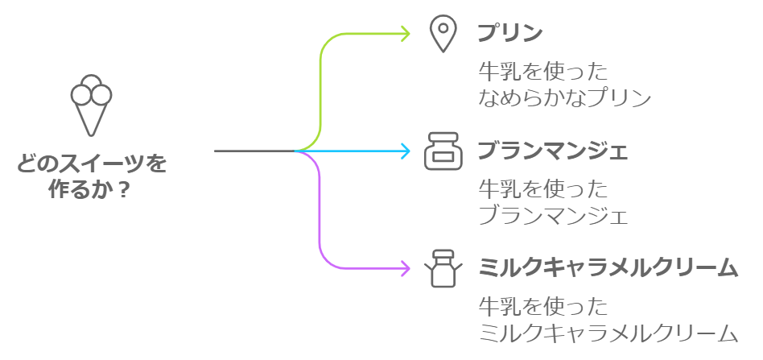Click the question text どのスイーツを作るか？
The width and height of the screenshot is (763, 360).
[x=91, y=176]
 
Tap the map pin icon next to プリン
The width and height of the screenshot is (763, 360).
[x=442, y=35]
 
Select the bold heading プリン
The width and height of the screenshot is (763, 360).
[x=509, y=34]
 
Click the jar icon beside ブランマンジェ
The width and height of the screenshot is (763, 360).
[x=442, y=151]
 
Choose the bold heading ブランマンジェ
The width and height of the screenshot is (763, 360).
[x=552, y=151]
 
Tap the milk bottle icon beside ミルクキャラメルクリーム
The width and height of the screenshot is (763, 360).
[x=441, y=267]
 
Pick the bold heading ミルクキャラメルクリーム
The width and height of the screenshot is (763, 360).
[x=608, y=267]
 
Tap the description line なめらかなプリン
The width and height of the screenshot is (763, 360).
[x=563, y=98]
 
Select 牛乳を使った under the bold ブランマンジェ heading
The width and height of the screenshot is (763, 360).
[x=542, y=190]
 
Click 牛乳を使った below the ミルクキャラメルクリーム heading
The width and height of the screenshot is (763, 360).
[x=542, y=307]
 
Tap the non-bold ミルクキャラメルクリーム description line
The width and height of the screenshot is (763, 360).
[x=608, y=333]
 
